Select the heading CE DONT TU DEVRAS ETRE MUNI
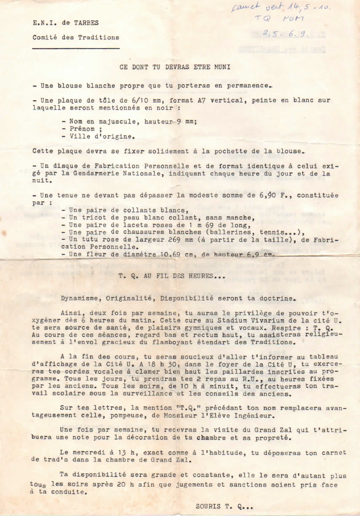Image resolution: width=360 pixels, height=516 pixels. tap(175, 67)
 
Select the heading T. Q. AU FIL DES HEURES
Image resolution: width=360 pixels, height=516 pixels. tap(171, 276)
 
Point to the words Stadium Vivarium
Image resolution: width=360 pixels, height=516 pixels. tap(208, 320)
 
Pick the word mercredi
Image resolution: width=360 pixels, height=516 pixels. tap(87, 453)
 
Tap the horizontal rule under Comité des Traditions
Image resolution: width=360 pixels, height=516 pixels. tap(75, 48)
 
